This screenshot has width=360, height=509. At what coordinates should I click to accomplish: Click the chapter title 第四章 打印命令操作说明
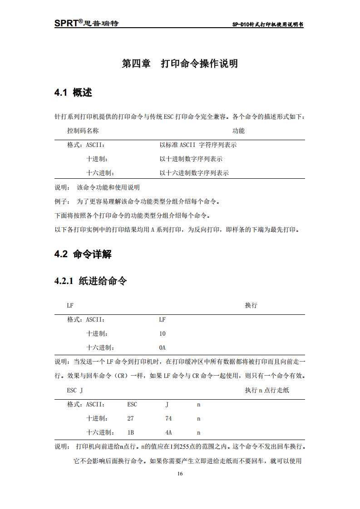pyautogui.click(x=180, y=64)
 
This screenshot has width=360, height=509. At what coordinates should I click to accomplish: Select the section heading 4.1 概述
pyautogui.click(x=73, y=93)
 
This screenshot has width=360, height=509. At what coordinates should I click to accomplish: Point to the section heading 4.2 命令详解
pyautogui.click(x=83, y=254)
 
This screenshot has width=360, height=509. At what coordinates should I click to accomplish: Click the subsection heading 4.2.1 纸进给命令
pyautogui.click(x=90, y=281)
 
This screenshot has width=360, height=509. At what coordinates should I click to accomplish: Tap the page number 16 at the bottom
pyautogui.click(x=180, y=474)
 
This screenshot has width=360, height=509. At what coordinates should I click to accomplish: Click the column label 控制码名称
pyautogui.click(x=83, y=131)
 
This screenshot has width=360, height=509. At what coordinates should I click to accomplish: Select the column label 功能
pyautogui.click(x=238, y=131)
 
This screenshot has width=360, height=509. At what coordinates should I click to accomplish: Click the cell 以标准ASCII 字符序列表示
pyautogui.click(x=198, y=145)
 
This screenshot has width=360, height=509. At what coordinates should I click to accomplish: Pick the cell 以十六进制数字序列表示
pyautogui.click(x=194, y=173)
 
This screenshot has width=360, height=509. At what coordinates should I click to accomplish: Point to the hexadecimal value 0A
pyautogui.click(x=162, y=347)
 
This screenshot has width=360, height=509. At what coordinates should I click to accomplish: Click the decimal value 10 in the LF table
pyautogui.click(x=162, y=333)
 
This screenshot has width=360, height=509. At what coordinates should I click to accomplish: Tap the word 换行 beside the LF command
pyautogui.click(x=251, y=305)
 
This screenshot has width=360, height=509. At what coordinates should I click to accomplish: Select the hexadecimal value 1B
pyautogui.click(x=131, y=432)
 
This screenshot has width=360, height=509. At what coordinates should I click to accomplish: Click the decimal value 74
pyautogui.click(x=168, y=418)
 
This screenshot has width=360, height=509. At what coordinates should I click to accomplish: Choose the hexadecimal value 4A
pyautogui.click(x=168, y=432)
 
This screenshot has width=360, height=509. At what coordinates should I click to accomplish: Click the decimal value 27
pyautogui.click(x=131, y=418)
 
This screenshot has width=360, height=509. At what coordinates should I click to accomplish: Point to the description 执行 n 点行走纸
pyautogui.click(x=267, y=390)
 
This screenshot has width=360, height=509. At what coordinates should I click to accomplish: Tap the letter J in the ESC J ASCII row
pyautogui.click(x=167, y=404)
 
